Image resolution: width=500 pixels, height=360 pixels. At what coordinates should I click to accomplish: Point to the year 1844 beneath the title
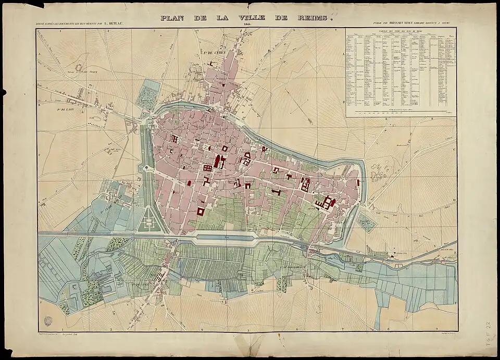point(247,24)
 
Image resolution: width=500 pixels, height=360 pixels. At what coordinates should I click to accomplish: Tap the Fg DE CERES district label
point(213,53)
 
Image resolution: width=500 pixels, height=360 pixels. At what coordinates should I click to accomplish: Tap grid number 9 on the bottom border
point(434,329)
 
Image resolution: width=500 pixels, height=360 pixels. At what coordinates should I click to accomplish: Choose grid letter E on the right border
point(455,251)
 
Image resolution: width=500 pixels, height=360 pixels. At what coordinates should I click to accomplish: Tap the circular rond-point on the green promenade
point(142,168)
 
